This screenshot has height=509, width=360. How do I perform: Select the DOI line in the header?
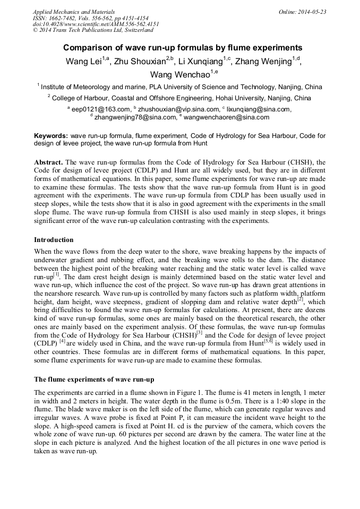(x=96, y=24)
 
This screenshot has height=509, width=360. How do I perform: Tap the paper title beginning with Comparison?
(x=179, y=47)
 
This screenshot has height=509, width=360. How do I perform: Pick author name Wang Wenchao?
(x=179, y=74)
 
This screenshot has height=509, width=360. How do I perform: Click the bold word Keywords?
(x=50, y=136)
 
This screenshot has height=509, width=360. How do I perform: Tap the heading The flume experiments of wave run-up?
(x=94, y=379)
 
